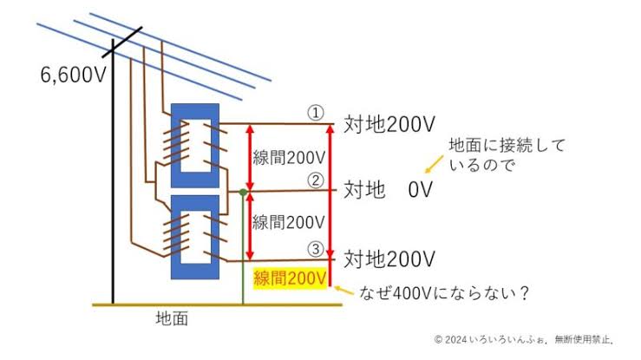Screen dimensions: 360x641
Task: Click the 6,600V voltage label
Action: tap(73, 75)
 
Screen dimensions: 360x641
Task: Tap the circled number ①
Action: tap(316, 113)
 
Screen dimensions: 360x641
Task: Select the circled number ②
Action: tap(316, 181)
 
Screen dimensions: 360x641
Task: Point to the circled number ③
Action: tap(316, 249)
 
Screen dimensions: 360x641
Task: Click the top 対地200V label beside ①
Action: tap(390, 124)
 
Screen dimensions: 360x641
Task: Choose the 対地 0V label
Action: tap(388, 189)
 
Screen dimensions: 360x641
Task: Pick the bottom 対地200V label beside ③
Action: tap(390, 259)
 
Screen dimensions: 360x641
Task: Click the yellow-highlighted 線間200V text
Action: tap(290, 278)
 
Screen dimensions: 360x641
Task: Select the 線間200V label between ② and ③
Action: tap(290, 221)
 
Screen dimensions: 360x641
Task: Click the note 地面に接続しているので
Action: tap(505, 154)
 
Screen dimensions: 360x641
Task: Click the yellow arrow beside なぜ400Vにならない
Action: tap(344, 291)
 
